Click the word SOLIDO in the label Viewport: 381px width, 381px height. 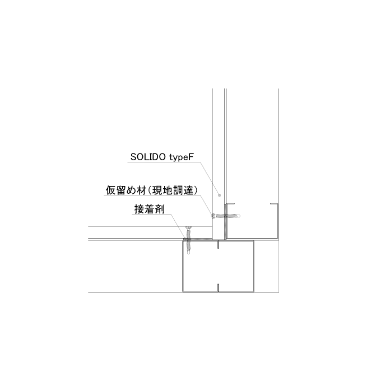click(x=148, y=157)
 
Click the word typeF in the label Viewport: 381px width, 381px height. click(x=182, y=157)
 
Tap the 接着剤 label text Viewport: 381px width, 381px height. click(x=150, y=209)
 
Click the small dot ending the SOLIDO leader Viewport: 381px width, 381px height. click(x=220, y=195)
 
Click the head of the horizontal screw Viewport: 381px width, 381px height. click(x=213, y=216)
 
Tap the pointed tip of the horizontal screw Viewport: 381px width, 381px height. click(x=239, y=216)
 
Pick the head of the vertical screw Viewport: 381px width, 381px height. click(x=188, y=227)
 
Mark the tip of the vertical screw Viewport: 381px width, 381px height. click(x=188, y=253)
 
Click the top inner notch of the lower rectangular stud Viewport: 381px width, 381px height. click(x=218, y=245)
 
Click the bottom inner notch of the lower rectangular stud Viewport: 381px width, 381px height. click(x=218, y=287)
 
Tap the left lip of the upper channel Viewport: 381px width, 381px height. click(x=231, y=203)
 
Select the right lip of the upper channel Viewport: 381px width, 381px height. click(x=274, y=203)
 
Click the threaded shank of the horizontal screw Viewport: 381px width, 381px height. click(x=226, y=216)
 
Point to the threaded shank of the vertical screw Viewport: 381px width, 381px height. click(x=188, y=240)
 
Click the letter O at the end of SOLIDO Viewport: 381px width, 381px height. click(x=162, y=157)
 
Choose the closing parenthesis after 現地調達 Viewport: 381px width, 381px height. click(x=194, y=190)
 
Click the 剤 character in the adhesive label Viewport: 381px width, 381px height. click(x=160, y=209)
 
